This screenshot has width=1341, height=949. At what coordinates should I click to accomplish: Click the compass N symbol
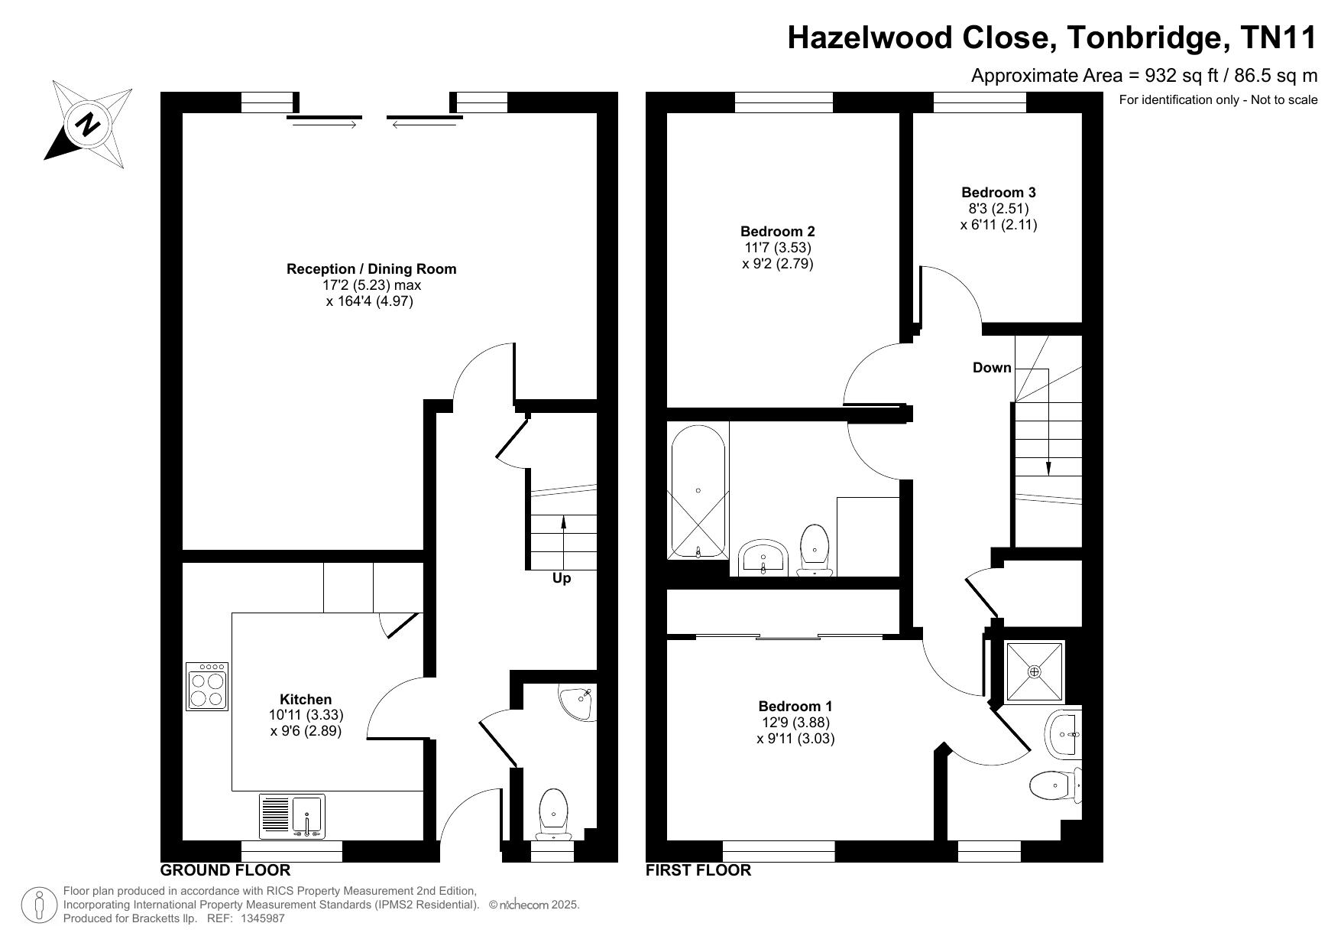point(89,124)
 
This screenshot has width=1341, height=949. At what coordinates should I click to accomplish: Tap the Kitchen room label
point(306,699)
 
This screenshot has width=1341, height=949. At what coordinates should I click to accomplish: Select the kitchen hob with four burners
point(207,687)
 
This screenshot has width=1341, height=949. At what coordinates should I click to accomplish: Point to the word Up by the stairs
point(562,579)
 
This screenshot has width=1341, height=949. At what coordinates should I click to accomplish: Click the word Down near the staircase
point(992,368)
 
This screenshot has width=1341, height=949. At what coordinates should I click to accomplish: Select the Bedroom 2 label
point(778,232)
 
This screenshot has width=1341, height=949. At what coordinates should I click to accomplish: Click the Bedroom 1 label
point(795,707)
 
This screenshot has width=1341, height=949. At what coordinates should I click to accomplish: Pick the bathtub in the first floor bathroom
point(698,491)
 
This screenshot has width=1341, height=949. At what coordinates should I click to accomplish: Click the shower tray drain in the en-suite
point(1035,672)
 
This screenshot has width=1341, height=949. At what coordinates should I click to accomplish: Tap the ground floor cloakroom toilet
point(554,814)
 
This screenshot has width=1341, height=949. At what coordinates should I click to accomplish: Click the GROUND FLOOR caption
point(225,870)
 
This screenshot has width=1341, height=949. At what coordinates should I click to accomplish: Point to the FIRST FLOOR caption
point(698,870)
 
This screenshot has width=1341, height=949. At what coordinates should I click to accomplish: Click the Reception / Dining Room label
point(371,269)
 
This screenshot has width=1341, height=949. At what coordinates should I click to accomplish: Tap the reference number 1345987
point(262,918)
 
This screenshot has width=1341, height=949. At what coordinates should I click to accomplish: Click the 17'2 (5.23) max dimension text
point(371,285)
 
